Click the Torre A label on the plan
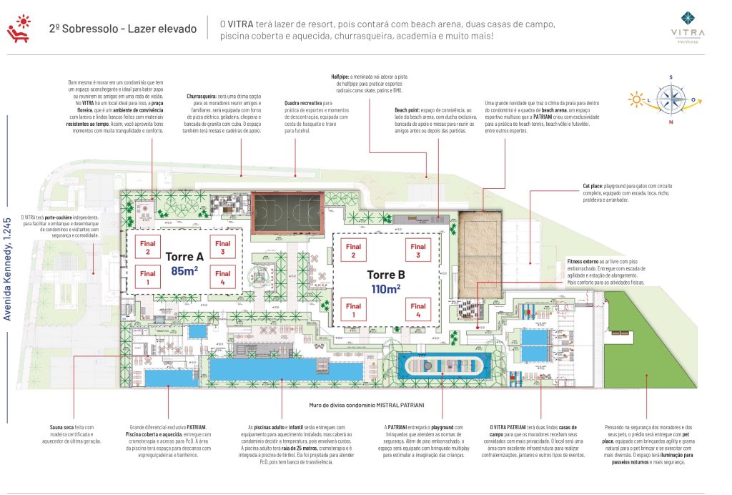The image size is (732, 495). tap(185, 256)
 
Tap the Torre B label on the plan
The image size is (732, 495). tap(387, 275)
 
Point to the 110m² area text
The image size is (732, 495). tap(386, 289)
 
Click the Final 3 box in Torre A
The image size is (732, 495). tap(222, 247)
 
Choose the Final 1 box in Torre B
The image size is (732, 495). tap(352, 310)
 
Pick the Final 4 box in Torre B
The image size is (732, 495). tap(418, 310)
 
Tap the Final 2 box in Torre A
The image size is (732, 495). tap(147, 247)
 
